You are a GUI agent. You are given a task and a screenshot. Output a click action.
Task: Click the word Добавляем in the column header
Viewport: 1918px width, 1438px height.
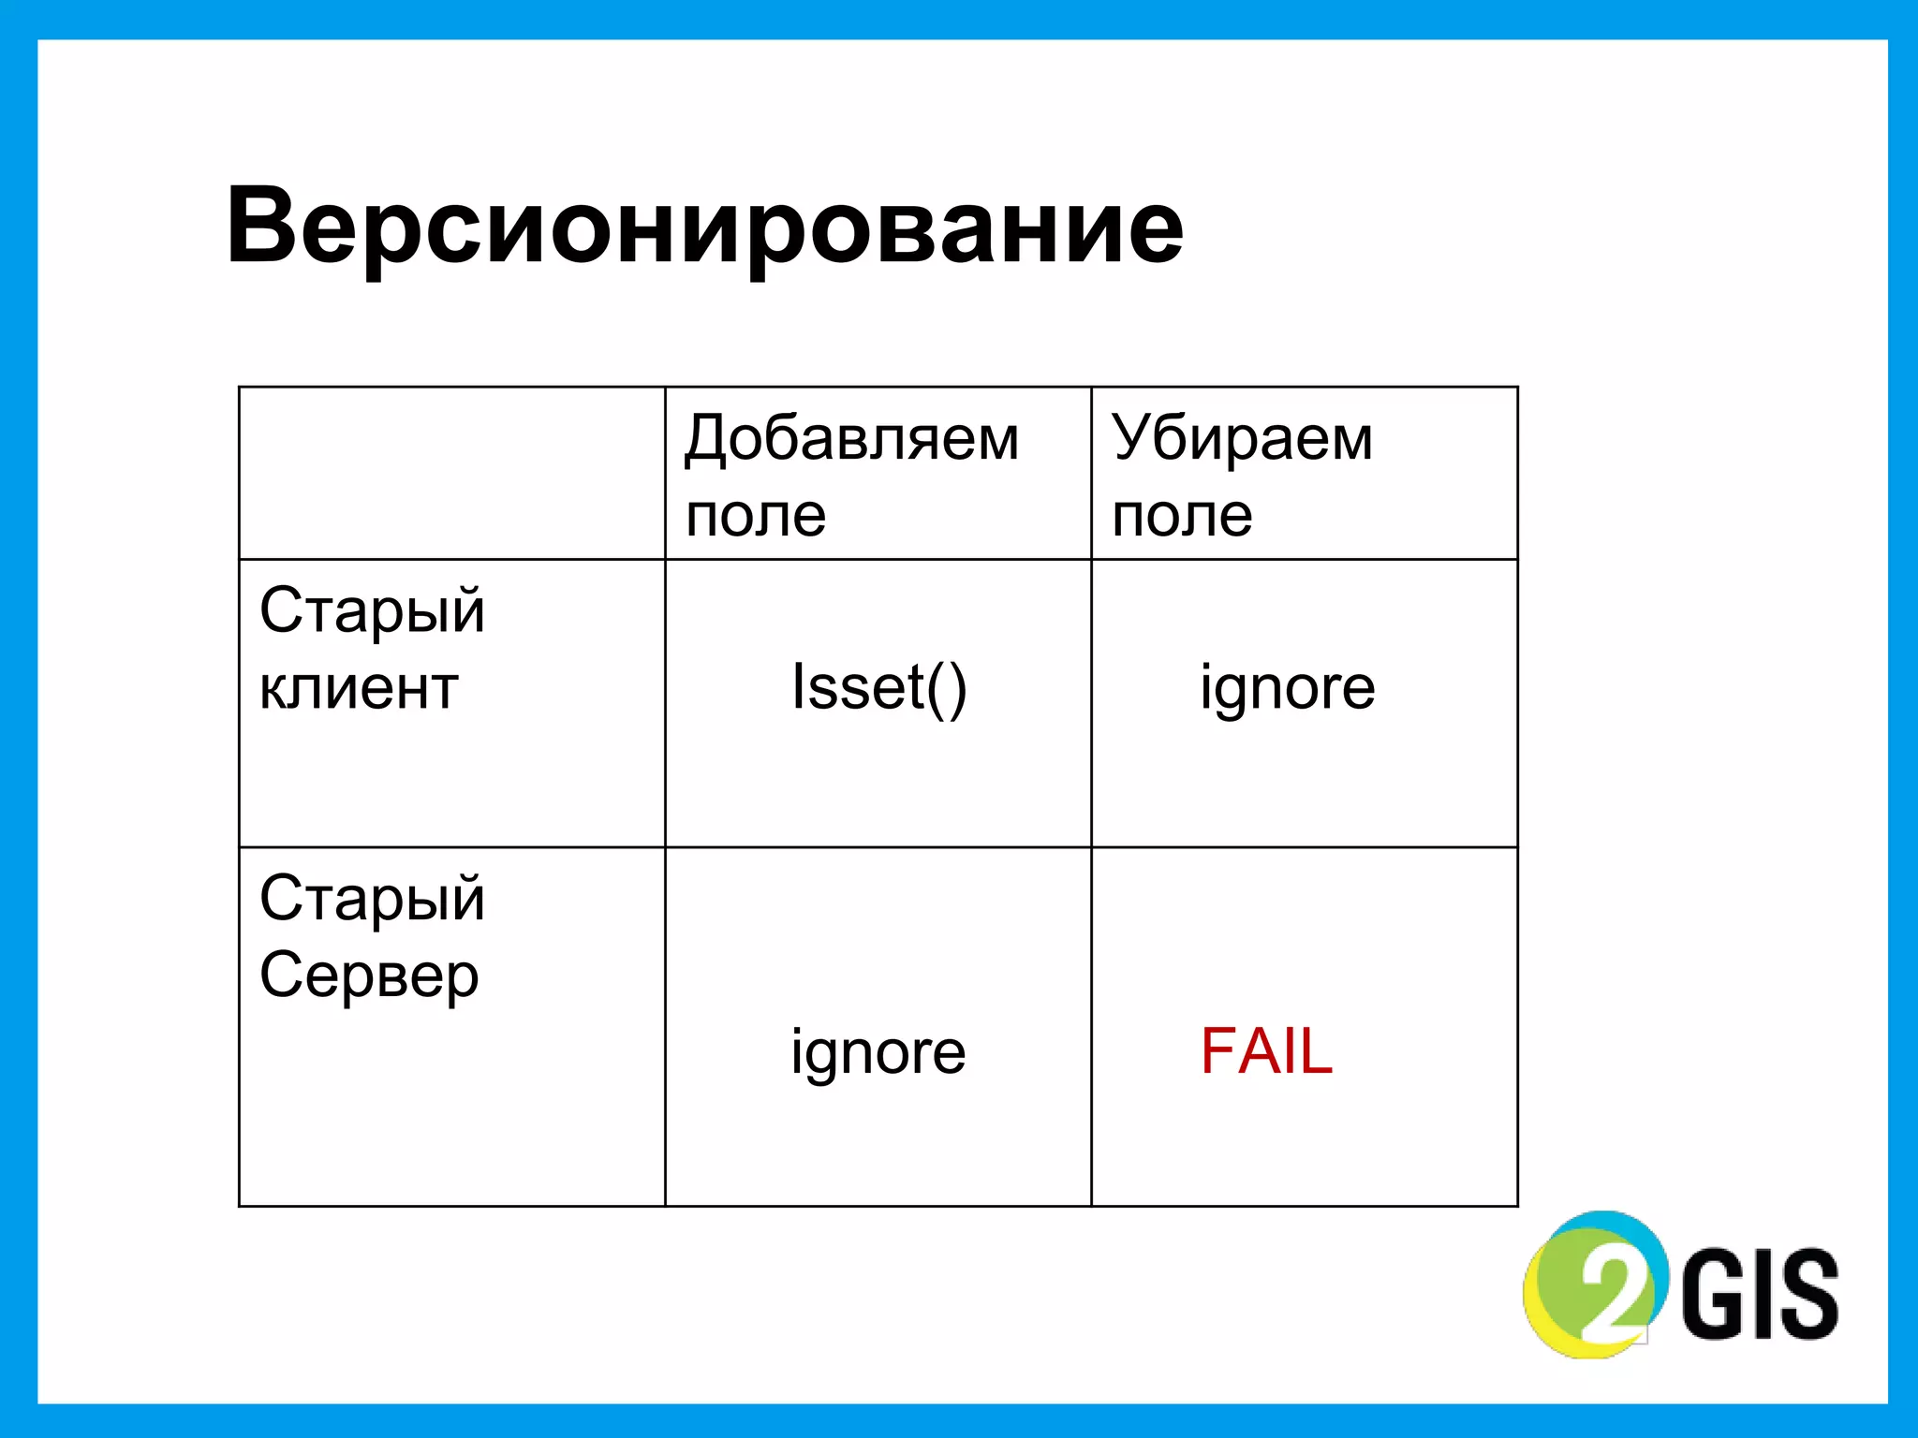pyautogui.click(x=851, y=438)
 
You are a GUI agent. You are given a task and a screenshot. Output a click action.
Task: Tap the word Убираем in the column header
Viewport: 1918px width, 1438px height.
pyautogui.click(x=1242, y=438)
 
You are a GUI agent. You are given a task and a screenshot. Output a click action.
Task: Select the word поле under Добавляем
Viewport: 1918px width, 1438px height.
pyautogui.click(x=756, y=515)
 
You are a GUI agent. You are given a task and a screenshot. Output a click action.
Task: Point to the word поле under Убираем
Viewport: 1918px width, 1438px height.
pyautogui.click(x=1182, y=515)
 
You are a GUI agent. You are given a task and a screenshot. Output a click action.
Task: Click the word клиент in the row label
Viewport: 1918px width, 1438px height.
pyautogui.click(x=359, y=688)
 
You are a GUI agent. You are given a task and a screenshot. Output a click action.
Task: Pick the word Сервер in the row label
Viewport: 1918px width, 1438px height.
pyautogui.click(x=369, y=976)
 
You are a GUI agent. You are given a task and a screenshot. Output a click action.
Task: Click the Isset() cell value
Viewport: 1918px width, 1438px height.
pyautogui.click(x=878, y=687)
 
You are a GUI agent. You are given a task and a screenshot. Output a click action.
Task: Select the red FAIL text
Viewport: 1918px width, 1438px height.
pyautogui.click(x=1266, y=1051)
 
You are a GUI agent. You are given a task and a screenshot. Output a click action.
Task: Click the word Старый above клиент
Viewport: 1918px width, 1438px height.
pyautogui.click(x=372, y=611)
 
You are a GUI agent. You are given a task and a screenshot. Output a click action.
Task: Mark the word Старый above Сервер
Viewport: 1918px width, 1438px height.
pyautogui.click(x=372, y=899)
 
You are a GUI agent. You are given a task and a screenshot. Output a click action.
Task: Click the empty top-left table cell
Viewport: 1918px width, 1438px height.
pyautogui.click(x=451, y=473)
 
